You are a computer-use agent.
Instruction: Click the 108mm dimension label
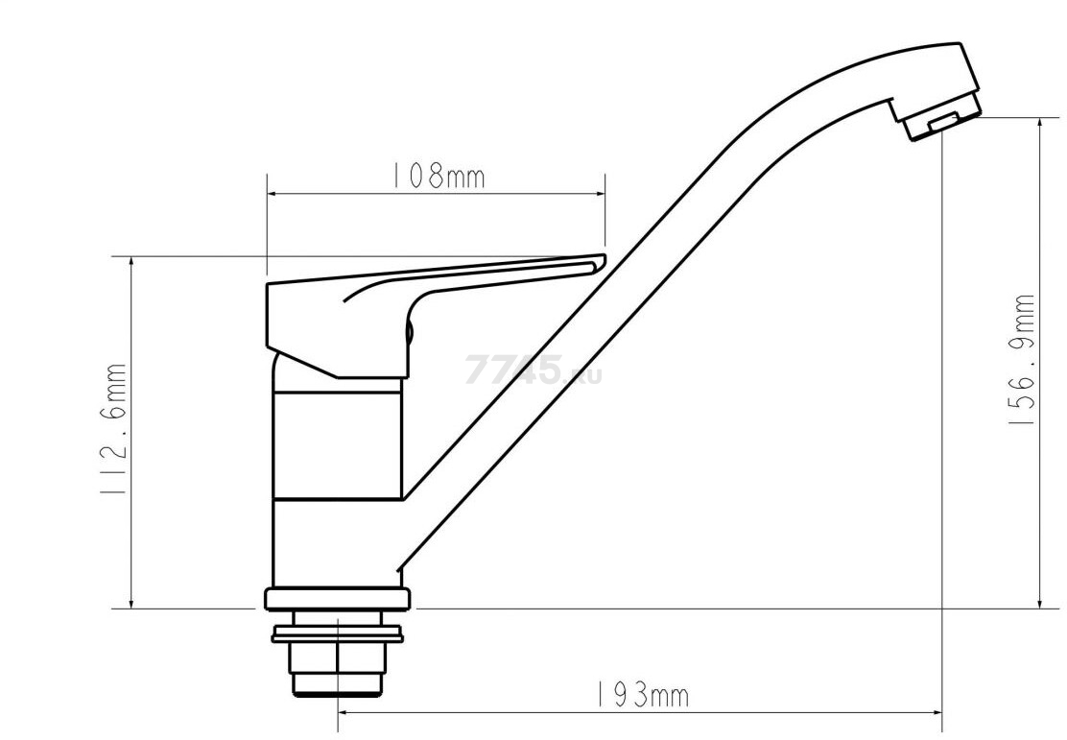[x=437, y=176]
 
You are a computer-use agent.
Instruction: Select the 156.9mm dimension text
[x=1020, y=360]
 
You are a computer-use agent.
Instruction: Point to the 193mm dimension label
[x=642, y=695]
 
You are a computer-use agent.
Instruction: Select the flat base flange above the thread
[x=338, y=599]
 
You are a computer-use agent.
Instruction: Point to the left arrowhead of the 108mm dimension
[x=273, y=194]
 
